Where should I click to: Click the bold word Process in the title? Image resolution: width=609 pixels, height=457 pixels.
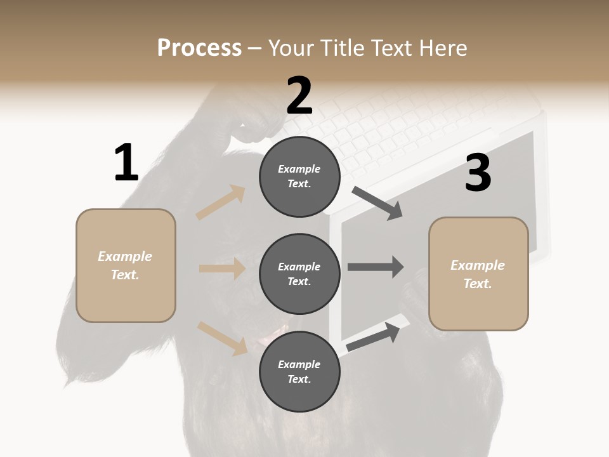tap(199, 48)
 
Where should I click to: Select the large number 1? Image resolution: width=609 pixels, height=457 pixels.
tap(126, 162)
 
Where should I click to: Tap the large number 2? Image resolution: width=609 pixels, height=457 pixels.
tap(299, 95)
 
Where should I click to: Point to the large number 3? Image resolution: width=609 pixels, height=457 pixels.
tap(478, 173)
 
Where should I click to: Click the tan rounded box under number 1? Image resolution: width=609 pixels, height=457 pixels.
tap(126, 265)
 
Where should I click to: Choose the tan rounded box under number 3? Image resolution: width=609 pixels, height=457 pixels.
tap(478, 274)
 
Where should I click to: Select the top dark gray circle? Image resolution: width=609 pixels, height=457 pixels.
tap(299, 176)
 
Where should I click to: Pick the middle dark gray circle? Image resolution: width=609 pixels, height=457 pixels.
tap(299, 274)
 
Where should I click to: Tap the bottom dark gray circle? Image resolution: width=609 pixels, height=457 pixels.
tap(299, 371)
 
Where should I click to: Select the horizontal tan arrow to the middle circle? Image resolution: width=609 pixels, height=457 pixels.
tap(222, 268)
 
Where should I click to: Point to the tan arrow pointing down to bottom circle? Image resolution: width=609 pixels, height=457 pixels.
tap(222, 338)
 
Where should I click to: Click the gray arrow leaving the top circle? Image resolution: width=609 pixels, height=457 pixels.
tap(377, 203)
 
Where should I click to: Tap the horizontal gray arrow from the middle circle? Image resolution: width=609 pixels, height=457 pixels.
tap(376, 267)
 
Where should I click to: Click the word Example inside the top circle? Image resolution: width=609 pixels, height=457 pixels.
tap(299, 169)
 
